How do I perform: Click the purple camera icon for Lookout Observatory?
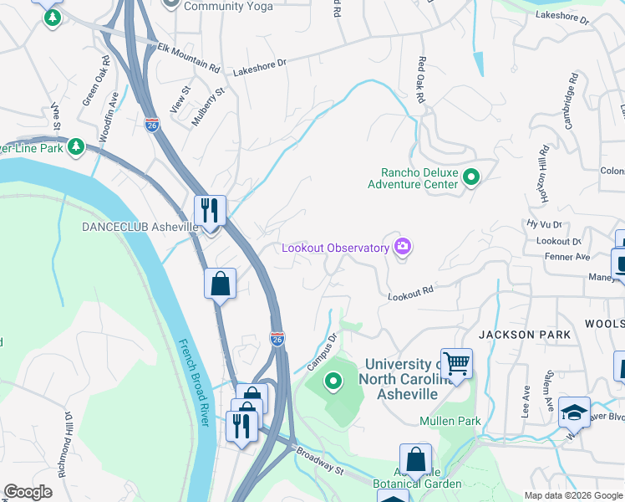(403, 246)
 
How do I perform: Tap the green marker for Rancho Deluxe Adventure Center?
(471, 177)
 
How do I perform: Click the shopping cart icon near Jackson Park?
(456, 363)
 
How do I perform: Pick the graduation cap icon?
(574, 411)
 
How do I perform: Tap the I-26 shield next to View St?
(151, 125)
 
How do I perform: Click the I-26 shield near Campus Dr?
(277, 338)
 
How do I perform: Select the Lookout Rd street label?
(410, 292)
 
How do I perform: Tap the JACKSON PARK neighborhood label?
(524, 335)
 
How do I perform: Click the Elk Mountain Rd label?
(189, 57)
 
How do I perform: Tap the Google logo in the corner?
(28, 492)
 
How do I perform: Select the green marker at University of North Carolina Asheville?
(334, 382)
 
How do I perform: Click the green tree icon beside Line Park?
(76, 147)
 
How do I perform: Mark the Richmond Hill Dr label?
(65, 443)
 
